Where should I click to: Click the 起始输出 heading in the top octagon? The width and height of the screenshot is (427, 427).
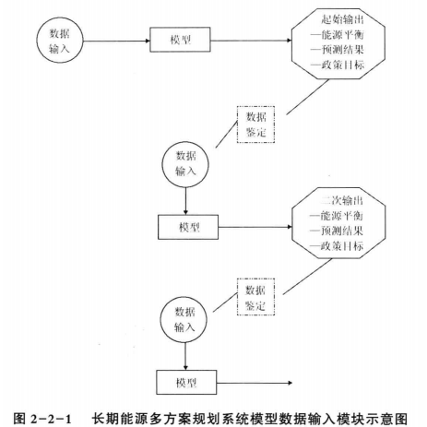tap(343, 19)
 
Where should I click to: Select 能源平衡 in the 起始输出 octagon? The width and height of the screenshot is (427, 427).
tap(343, 35)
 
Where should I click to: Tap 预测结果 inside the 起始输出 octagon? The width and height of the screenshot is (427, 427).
tap(343, 50)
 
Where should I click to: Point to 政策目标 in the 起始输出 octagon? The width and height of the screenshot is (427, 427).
tap(343, 65)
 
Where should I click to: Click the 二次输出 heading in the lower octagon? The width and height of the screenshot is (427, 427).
tap(342, 200)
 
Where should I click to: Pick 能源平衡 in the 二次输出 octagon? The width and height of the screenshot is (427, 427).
tap(342, 216)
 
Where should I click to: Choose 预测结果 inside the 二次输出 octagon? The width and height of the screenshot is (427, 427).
tap(342, 231)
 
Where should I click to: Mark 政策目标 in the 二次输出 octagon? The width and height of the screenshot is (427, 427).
tap(342, 246)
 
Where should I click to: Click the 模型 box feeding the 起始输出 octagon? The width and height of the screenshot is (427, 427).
tap(180, 40)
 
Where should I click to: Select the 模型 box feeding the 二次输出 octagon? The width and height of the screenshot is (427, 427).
tap(188, 227)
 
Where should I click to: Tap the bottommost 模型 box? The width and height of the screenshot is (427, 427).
tap(186, 383)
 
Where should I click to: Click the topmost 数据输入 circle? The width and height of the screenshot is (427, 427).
tap(60, 41)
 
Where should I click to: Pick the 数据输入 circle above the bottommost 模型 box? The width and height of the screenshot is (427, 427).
tap(184, 320)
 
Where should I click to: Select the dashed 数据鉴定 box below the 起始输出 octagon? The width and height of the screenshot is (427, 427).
tap(255, 125)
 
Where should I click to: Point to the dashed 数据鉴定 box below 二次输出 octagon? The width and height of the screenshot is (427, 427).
tap(255, 297)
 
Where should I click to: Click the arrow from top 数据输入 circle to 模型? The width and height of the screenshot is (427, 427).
tap(116, 41)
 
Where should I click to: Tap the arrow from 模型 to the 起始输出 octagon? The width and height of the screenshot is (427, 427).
tap(251, 41)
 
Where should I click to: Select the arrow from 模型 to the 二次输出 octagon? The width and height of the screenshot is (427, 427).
tap(255, 227)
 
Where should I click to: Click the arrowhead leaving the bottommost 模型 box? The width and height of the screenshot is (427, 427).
tap(290, 383)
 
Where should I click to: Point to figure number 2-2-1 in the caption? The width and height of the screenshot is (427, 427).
tap(51, 419)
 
